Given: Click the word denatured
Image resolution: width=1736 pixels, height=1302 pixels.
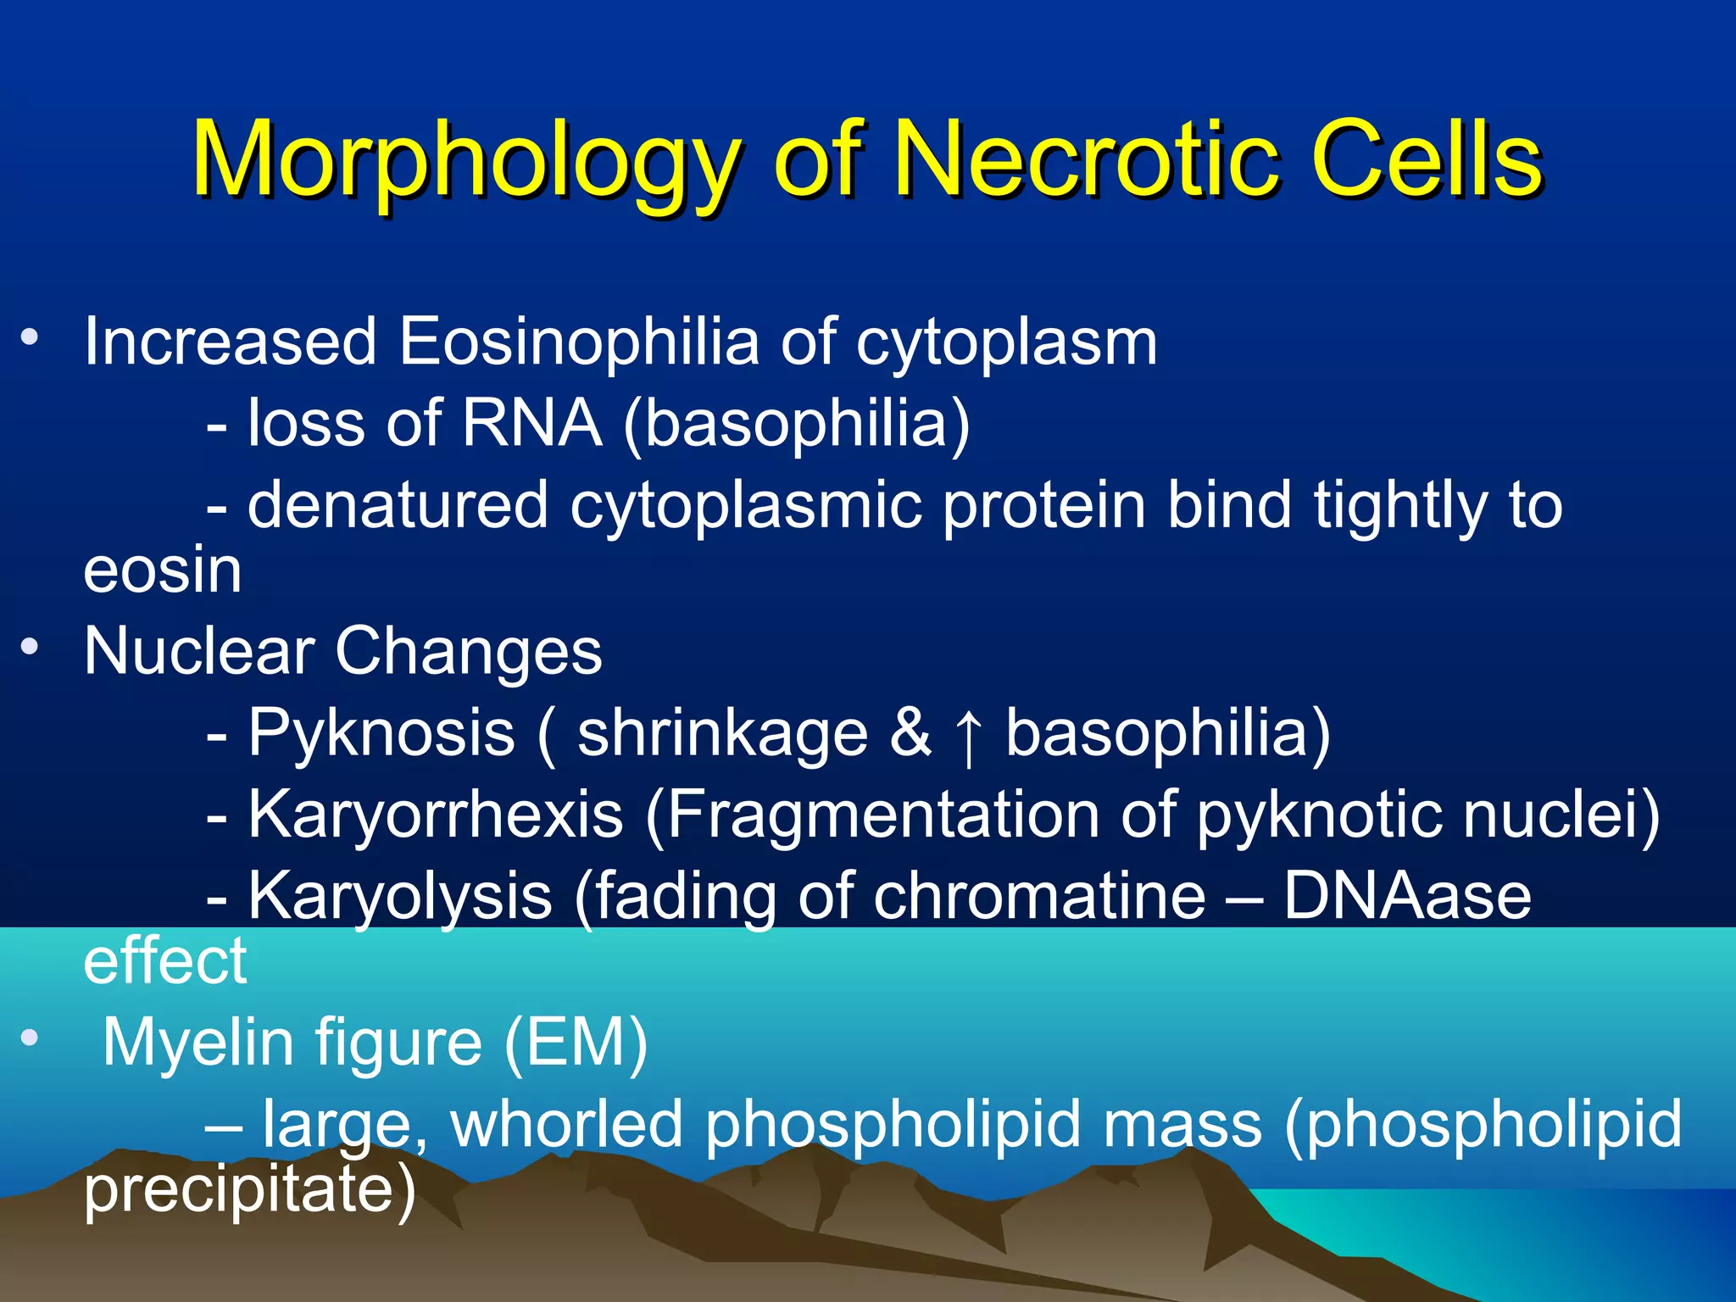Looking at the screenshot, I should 398,506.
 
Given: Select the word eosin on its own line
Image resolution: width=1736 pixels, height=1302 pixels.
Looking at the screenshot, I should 163,570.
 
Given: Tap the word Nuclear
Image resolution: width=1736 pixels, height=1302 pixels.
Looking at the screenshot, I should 199,652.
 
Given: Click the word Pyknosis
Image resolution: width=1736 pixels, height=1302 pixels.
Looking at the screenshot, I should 381,734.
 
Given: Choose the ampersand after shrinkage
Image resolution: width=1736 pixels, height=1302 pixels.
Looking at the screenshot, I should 910,733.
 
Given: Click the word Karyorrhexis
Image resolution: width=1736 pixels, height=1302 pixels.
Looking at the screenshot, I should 436,815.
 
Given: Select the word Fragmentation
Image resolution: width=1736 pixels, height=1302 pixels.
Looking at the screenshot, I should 873,815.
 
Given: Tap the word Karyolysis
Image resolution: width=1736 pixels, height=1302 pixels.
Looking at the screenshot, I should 400,897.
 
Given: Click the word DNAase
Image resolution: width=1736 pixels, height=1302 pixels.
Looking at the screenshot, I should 1407,897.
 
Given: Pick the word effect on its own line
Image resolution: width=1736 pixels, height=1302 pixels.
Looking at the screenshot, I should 165,961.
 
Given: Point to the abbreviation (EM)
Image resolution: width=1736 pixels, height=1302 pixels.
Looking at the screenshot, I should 576,1043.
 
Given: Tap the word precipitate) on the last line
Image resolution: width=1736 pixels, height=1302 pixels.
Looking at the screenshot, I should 250,1189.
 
